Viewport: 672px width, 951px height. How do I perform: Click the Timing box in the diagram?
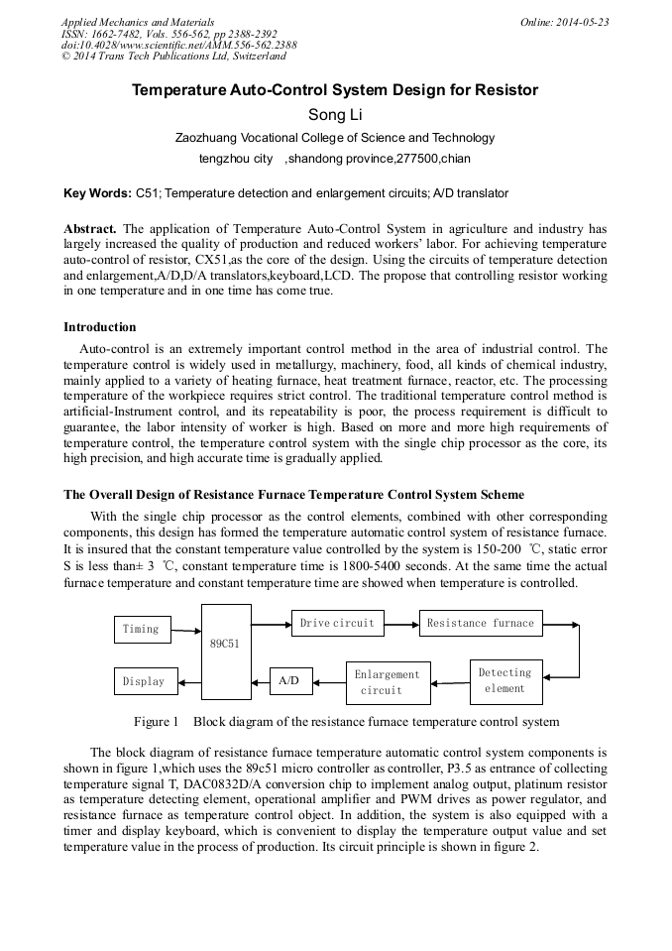[141, 630]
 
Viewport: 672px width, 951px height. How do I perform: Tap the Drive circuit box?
[337, 623]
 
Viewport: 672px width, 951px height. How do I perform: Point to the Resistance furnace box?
[480, 623]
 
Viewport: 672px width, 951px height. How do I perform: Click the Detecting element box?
[505, 680]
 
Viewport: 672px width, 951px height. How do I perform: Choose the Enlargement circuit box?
[388, 682]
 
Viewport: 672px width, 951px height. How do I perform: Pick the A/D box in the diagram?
[289, 681]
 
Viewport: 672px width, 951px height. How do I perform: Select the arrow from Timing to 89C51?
[185, 630]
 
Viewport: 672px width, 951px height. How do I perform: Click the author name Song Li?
[335, 115]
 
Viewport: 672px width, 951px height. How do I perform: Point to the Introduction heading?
[100, 327]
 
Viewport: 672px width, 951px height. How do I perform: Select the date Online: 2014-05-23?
[564, 22]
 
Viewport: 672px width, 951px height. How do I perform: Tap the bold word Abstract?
[90, 228]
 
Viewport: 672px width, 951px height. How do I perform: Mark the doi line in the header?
[178, 46]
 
